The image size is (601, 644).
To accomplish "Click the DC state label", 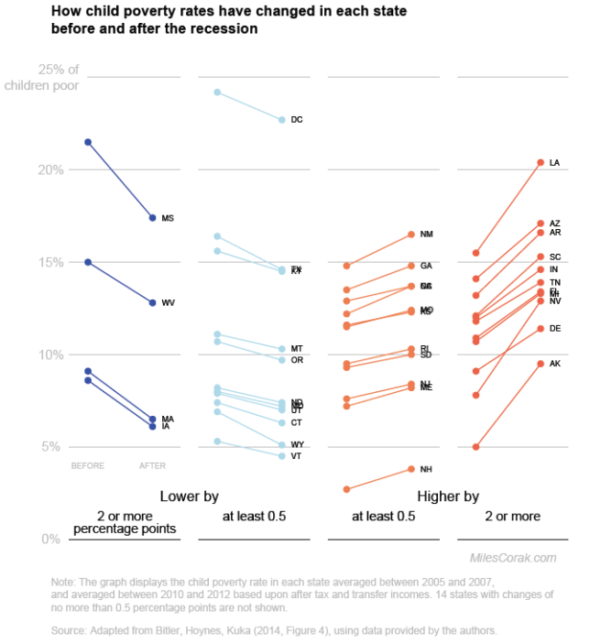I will (x=297, y=120).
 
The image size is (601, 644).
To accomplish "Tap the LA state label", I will (x=554, y=163).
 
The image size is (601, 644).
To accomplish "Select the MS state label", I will (x=168, y=218).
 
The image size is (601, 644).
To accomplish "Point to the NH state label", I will (x=426, y=470).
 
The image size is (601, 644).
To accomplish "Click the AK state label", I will (x=554, y=364).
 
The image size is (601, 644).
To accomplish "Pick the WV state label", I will (x=169, y=302).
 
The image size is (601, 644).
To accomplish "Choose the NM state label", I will (x=426, y=235).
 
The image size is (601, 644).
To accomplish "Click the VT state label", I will (x=297, y=456).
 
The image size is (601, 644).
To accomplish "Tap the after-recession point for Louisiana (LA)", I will (x=541, y=162).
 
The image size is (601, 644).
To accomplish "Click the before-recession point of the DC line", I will (x=217, y=93).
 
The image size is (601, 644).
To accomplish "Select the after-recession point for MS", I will (x=152, y=217).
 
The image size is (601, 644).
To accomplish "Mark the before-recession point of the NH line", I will (x=346, y=489).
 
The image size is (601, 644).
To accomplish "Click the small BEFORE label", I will (x=88, y=465).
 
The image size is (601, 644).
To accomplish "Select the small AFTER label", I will (x=152, y=465).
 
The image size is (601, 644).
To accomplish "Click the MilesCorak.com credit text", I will (x=512, y=557).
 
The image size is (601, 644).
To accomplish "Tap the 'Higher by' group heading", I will (x=448, y=497).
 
